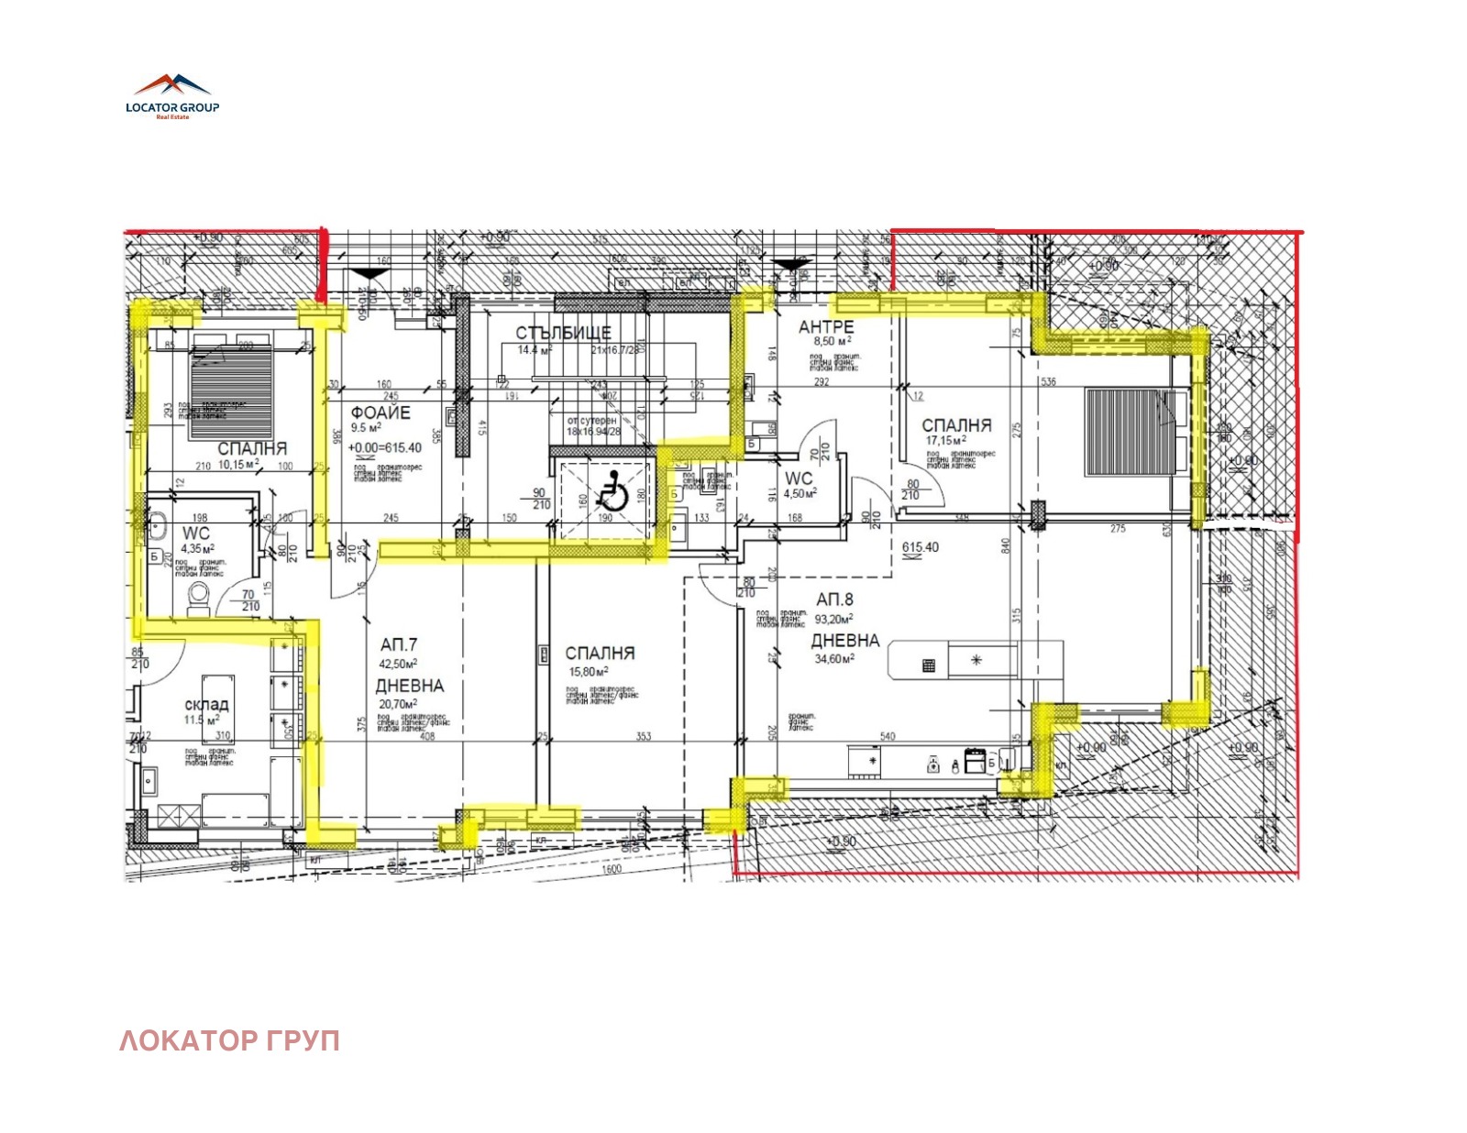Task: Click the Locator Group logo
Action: [172, 96]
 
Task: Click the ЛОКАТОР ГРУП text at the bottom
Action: [229, 1040]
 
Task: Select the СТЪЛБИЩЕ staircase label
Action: [562, 333]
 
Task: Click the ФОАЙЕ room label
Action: [381, 412]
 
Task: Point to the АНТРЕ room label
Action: [825, 326]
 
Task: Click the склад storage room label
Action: [206, 704]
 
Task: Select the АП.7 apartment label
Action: [398, 644]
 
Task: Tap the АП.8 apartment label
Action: [833, 599]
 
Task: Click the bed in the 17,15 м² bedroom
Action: [1130, 431]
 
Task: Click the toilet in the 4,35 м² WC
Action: [198, 597]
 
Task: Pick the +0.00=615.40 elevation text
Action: [384, 447]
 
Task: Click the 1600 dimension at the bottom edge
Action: [612, 868]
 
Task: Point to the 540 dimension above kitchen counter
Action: [887, 735]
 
